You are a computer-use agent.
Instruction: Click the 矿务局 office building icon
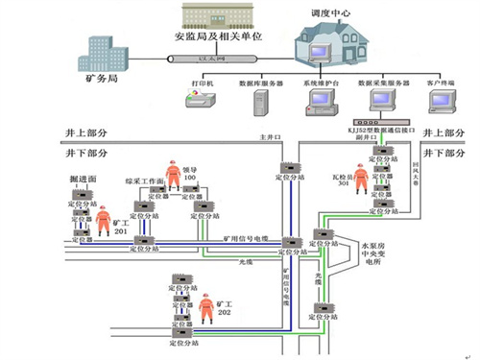pos(108,53)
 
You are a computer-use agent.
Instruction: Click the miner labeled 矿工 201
pos(107,217)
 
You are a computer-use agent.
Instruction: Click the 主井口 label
pos(268,137)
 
